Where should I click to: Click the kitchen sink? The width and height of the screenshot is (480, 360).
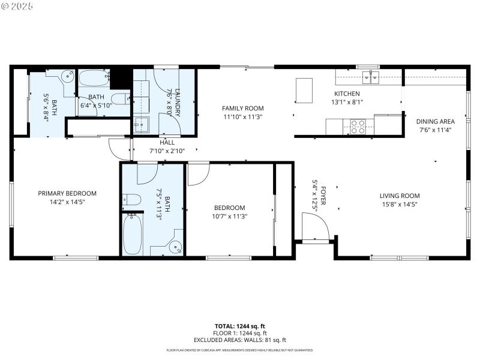pos(370,77)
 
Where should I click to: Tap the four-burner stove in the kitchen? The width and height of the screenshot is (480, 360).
pos(358,127)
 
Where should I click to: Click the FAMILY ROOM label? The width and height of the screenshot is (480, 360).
pos(242,109)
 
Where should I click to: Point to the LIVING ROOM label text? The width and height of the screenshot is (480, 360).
pos(399,196)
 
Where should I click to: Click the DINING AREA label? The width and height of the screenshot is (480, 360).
pos(435,121)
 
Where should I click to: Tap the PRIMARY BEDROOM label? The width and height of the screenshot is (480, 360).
pos(67,193)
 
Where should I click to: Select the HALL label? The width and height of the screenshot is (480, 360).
pos(151,142)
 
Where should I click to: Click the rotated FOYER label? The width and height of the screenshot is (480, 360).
pos(323,196)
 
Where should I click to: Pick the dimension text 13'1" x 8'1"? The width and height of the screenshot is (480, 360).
pos(347,102)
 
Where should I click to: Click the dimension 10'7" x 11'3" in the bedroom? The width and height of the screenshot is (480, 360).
pos(230,216)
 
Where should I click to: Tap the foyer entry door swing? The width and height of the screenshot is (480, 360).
pos(316,228)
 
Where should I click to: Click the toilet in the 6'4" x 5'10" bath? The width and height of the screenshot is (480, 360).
pos(120,98)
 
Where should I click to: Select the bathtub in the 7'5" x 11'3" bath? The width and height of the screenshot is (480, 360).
pos(133,233)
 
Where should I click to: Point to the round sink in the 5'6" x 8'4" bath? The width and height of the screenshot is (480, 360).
pos(68,76)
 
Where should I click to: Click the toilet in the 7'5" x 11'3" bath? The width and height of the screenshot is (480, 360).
pos(132,200)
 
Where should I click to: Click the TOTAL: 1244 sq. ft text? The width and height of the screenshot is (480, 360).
pos(240,326)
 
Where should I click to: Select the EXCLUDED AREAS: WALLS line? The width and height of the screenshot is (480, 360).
pos(240,340)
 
